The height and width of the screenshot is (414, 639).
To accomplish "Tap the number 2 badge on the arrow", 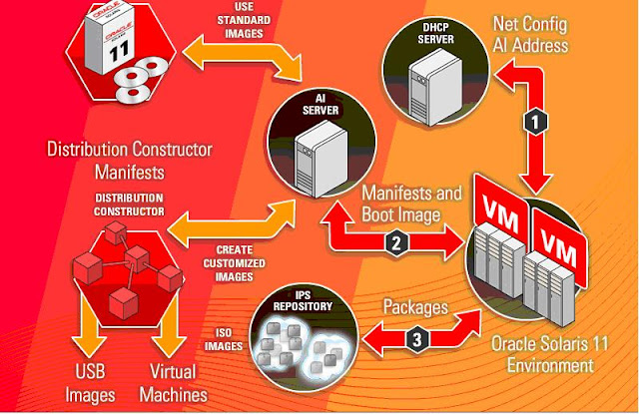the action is click(397, 240).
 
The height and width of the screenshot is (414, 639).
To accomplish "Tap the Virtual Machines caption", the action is click(173, 382).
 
